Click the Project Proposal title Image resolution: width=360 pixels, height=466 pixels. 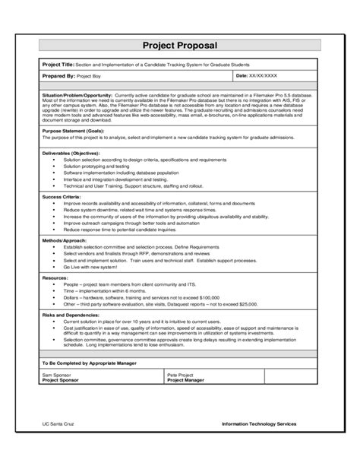[179, 45]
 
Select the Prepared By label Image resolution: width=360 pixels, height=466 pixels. [59, 77]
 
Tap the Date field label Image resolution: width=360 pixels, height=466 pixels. [244, 77]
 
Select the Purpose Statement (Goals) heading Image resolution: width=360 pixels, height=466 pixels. [73, 131]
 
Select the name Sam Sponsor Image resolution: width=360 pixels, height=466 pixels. [56, 376]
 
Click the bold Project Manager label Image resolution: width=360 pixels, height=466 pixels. [186, 380]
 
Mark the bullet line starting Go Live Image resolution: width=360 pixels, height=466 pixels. [92, 268]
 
